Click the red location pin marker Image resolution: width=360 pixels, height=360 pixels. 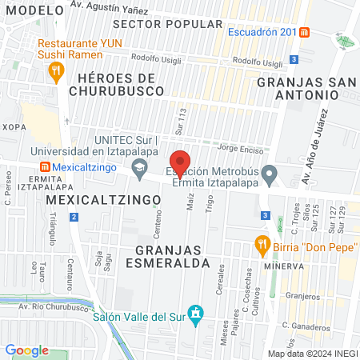coord(181,162)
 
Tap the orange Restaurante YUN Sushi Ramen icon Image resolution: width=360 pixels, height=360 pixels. coord(55,71)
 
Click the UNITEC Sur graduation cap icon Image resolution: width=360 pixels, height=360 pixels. coord(140,166)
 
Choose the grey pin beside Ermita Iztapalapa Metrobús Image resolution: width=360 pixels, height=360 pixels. coord(270,174)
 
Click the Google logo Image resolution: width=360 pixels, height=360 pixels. coord(26,350)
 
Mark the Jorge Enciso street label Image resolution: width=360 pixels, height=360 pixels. coord(238,149)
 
